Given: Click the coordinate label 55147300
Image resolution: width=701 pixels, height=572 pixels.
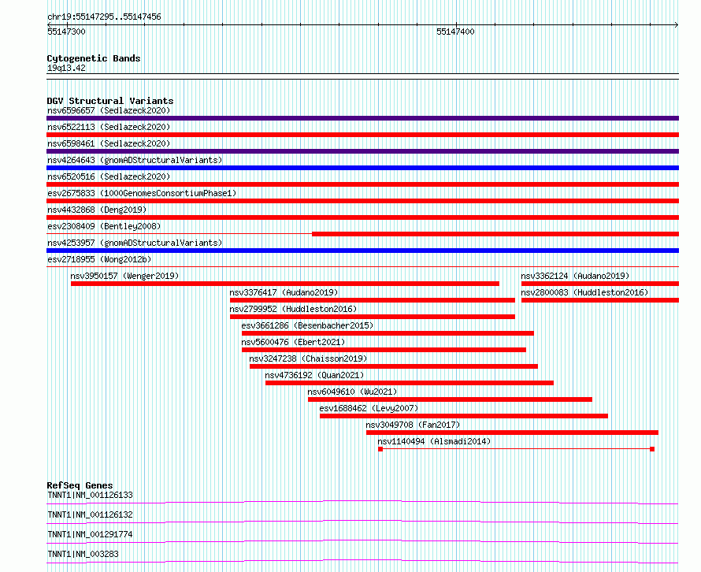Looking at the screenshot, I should click(x=66, y=32).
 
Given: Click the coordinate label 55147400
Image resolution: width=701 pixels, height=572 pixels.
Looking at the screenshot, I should click(x=455, y=32).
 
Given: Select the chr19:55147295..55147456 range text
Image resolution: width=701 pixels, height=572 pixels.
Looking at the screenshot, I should click(x=104, y=17).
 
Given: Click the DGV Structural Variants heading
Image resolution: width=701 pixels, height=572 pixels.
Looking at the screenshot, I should click(x=109, y=101).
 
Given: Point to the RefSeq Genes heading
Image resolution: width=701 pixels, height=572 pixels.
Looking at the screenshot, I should click(x=80, y=485).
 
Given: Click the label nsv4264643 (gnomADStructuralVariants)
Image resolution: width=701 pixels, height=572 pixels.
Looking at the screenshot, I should click(x=134, y=160).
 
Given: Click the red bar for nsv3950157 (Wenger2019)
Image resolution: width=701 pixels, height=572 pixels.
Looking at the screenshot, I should click(x=284, y=284).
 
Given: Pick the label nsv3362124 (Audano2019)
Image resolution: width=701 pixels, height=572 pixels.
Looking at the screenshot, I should click(x=574, y=276).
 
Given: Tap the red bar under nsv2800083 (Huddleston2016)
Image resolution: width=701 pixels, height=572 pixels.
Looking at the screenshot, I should click(x=599, y=300).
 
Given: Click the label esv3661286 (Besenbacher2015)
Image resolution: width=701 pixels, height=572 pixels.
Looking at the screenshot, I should click(x=307, y=325).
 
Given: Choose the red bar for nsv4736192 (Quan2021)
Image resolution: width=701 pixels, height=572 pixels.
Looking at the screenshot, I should click(x=409, y=383).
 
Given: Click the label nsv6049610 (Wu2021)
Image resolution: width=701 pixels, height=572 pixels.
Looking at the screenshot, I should click(x=352, y=392).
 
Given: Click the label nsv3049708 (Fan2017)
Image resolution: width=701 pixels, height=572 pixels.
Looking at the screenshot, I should click(x=413, y=425).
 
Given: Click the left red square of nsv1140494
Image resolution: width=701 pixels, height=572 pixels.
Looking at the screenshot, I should click(x=380, y=449).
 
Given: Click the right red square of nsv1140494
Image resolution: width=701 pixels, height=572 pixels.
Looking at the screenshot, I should click(x=652, y=449).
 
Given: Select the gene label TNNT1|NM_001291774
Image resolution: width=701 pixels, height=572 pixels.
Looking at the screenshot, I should click(x=90, y=534).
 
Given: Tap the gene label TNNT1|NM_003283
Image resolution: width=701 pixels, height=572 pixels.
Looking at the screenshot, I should click(x=82, y=554).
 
